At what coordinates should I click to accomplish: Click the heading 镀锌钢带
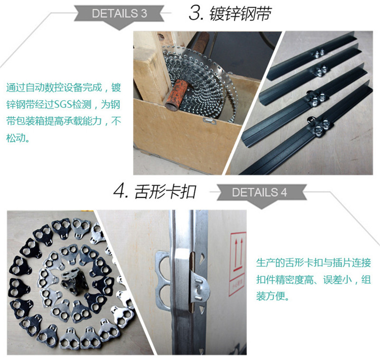[x=240, y=14]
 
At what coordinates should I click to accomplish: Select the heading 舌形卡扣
[x=165, y=192]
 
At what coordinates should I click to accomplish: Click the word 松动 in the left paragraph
[x=16, y=138]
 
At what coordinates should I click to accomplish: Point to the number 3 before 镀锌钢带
[x=195, y=14]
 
